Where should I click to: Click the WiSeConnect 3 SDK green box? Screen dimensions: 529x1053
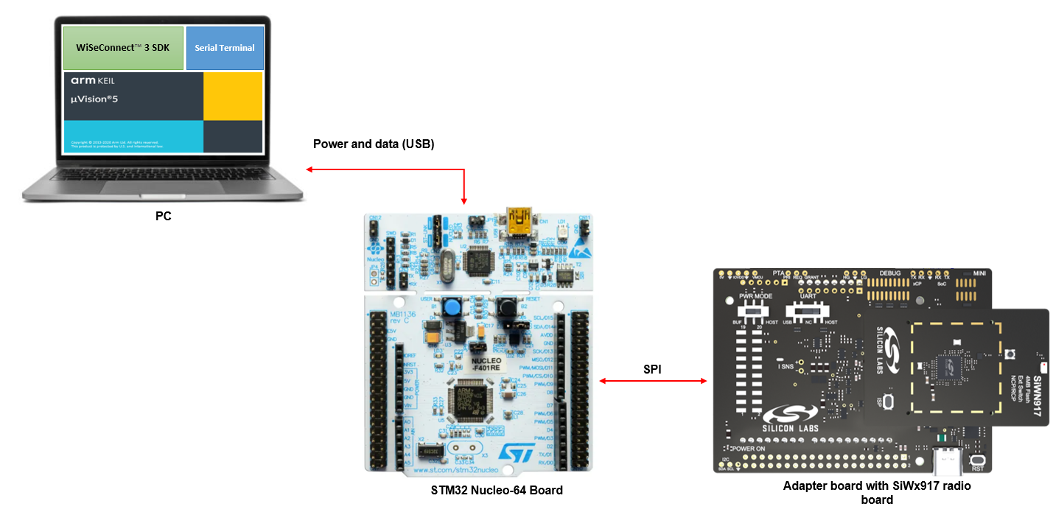(x=122, y=48)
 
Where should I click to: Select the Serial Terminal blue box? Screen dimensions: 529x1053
(x=225, y=48)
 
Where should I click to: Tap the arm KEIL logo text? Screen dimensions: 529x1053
(x=93, y=80)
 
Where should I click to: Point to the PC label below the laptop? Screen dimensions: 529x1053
(x=164, y=217)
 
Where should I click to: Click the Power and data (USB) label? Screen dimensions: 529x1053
(x=374, y=144)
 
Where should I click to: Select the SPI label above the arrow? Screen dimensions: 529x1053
(x=652, y=369)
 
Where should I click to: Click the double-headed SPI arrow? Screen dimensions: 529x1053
(x=652, y=381)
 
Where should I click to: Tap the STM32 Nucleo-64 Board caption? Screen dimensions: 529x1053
(x=497, y=490)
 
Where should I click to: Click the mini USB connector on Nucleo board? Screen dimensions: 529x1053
(x=521, y=218)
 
